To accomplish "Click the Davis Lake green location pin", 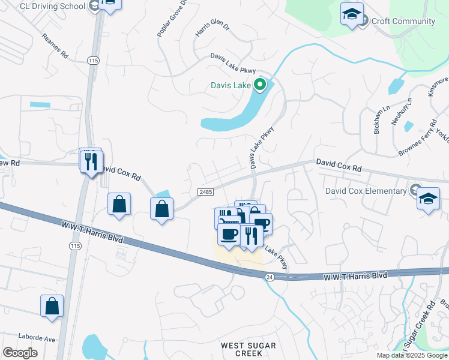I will pyautogui.click(x=260, y=85).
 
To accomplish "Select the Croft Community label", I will pyautogui.click(x=403, y=22).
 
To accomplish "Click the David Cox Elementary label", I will pyautogui.click(x=366, y=191).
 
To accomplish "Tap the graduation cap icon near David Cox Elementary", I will pyautogui.click(x=429, y=199).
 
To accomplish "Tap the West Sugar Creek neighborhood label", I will pyautogui.click(x=248, y=349).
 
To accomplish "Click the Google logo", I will pyautogui.click(x=20, y=353).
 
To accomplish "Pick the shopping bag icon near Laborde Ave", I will pyautogui.click(x=52, y=306).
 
